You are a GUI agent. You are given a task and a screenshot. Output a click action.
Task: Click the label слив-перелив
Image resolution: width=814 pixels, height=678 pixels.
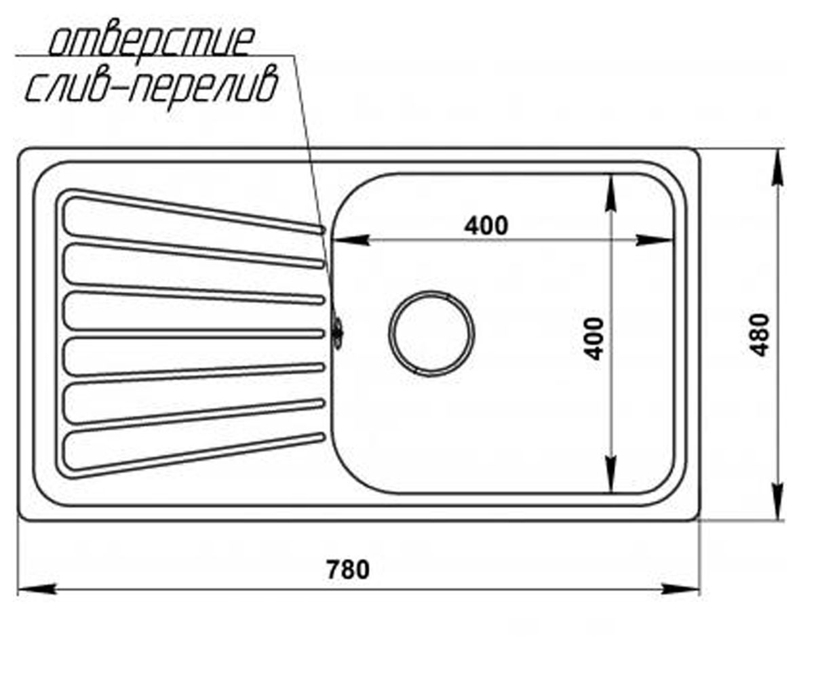152,87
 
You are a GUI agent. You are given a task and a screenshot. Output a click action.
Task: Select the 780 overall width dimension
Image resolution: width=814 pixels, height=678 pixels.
347,570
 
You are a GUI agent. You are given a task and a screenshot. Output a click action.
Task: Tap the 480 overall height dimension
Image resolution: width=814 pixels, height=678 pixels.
760,335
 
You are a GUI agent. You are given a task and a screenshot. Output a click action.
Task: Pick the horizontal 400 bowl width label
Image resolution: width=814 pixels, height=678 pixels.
486,225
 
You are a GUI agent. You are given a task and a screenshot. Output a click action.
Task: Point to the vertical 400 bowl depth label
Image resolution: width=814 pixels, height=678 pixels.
594,339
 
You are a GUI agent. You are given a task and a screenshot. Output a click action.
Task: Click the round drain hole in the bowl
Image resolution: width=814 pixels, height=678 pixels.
431,334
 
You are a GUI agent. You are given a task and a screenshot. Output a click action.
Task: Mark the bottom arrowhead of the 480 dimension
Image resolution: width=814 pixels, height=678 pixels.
778,501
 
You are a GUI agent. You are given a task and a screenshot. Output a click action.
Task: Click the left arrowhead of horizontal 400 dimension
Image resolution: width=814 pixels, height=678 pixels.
350,241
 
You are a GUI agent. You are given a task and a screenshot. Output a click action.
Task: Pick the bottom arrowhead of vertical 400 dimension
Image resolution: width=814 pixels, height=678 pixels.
611,474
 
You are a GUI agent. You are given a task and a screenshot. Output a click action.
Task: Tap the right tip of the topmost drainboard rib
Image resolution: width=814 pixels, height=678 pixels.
323,231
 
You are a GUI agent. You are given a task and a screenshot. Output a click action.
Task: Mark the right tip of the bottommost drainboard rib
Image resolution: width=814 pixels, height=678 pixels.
323,437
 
